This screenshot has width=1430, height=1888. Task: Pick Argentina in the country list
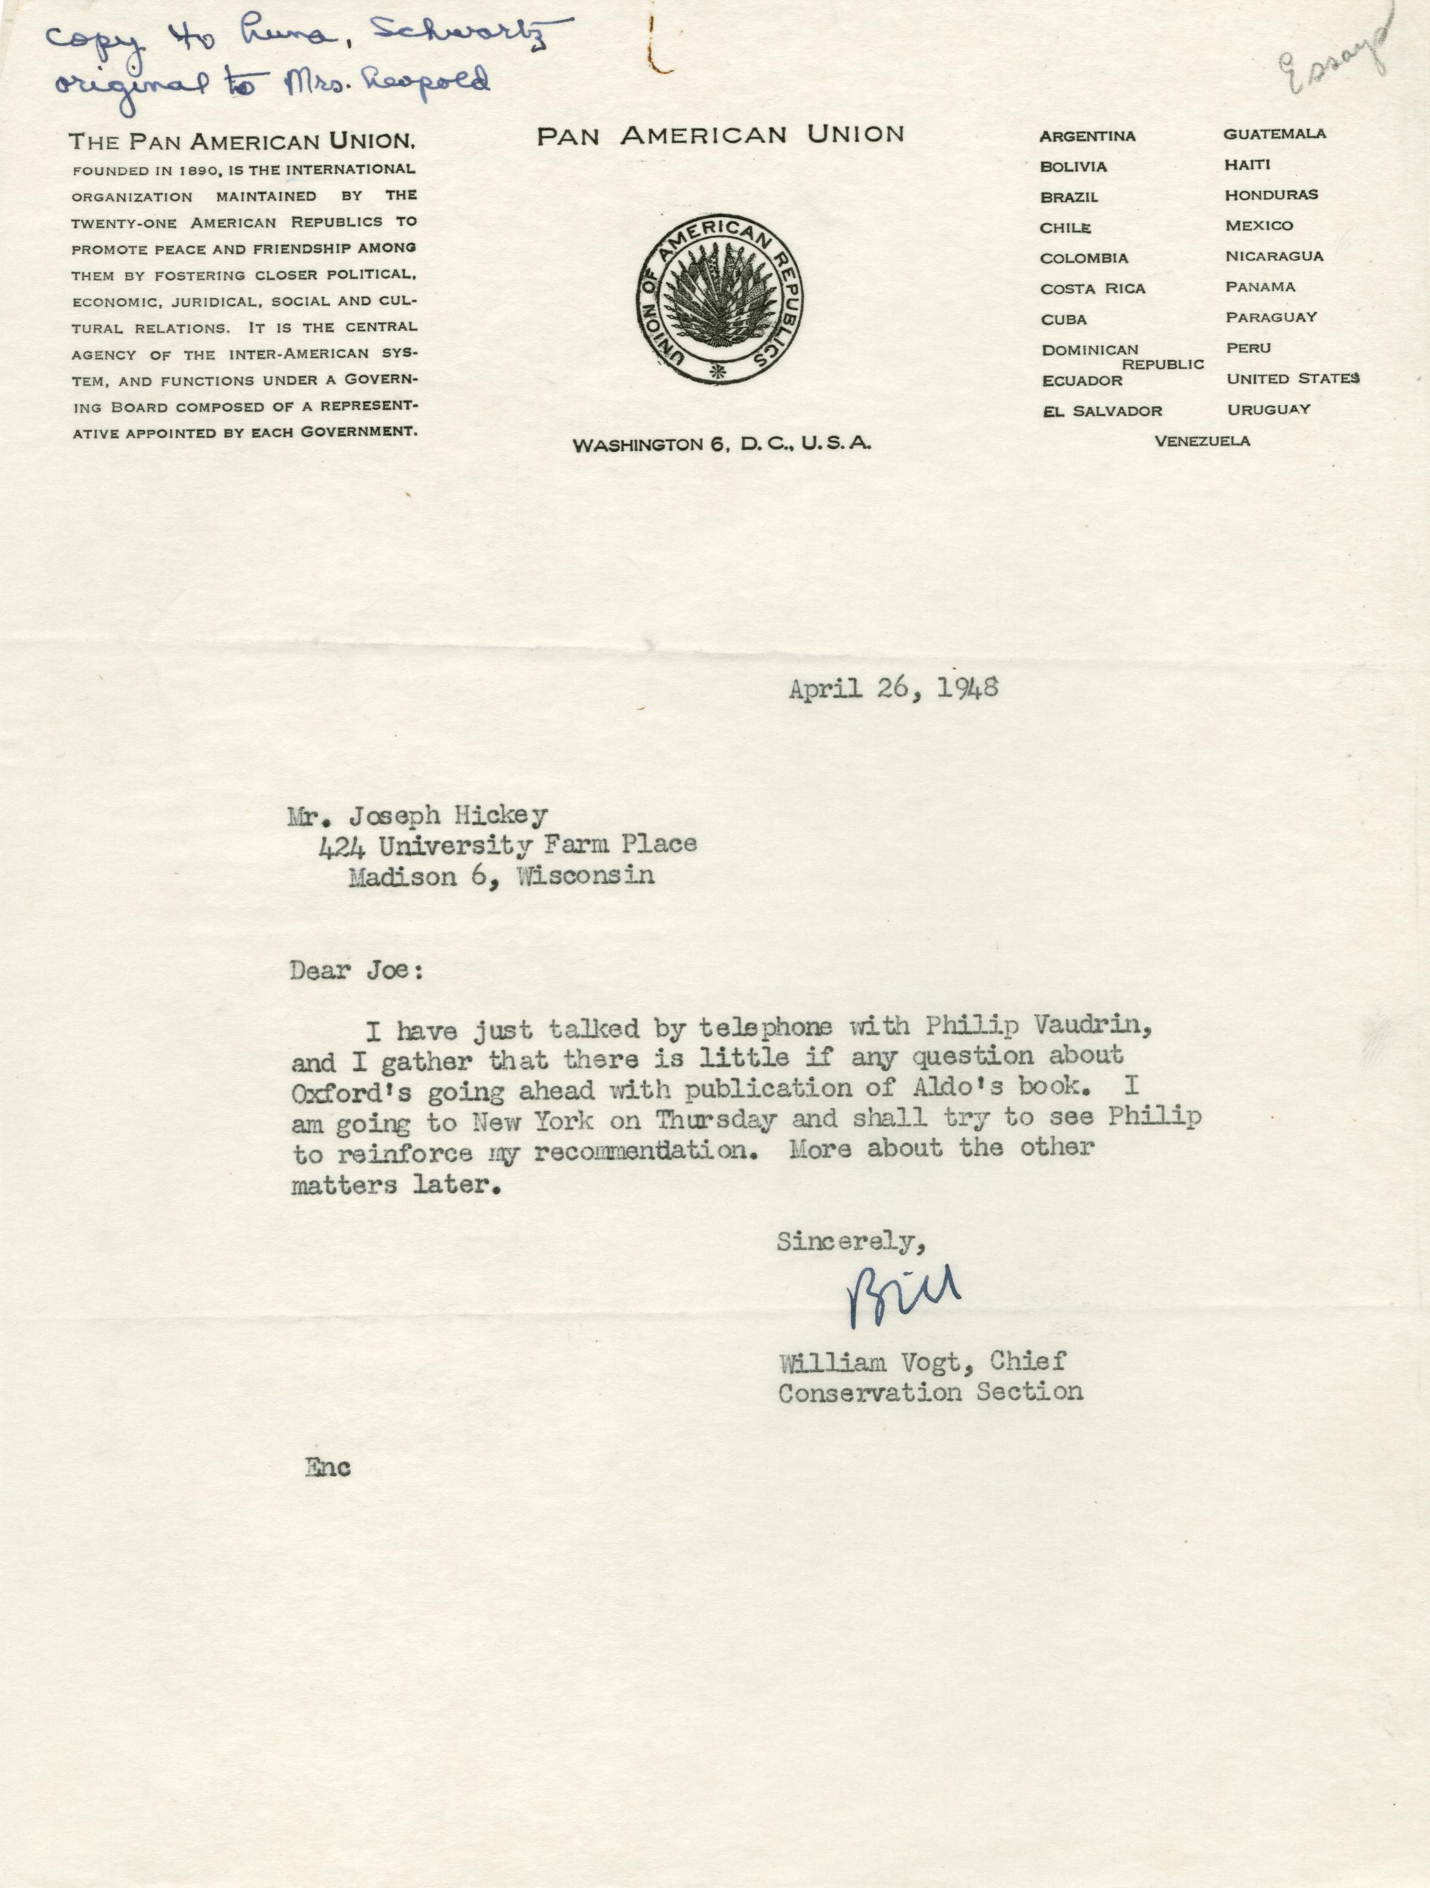pyautogui.click(x=1087, y=136)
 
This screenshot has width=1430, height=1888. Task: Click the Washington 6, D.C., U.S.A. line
pyautogui.click(x=722, y=444)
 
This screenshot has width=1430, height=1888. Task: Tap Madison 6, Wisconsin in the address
pyautogui.click(x=501, y=877)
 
